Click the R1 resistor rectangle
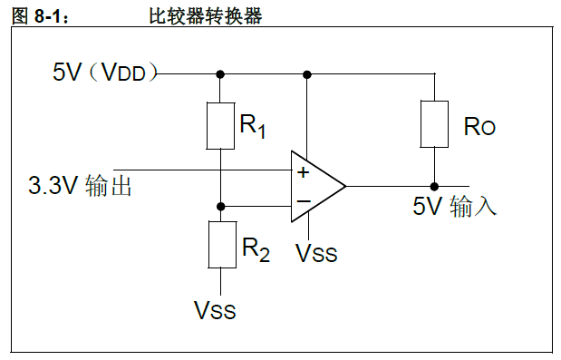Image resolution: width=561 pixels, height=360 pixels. [220, 125]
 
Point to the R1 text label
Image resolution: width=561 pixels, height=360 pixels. [253, 127]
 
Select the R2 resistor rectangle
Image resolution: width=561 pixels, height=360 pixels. [220, 243]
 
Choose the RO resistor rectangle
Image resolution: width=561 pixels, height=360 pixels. [435, 123]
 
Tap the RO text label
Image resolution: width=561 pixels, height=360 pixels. [479, 127]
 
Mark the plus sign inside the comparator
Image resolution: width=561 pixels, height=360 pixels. [302, 171]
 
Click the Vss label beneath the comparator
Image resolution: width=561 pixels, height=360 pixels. [316, 253]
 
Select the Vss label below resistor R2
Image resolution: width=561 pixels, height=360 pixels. [215, 310]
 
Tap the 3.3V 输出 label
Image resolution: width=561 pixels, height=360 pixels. [81, 187]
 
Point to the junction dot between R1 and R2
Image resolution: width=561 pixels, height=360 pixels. [220, 207]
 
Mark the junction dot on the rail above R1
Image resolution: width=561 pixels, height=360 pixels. [220, 73]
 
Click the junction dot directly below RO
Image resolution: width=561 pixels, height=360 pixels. [435, 186]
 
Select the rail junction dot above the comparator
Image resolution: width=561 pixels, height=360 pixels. [308, 73]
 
